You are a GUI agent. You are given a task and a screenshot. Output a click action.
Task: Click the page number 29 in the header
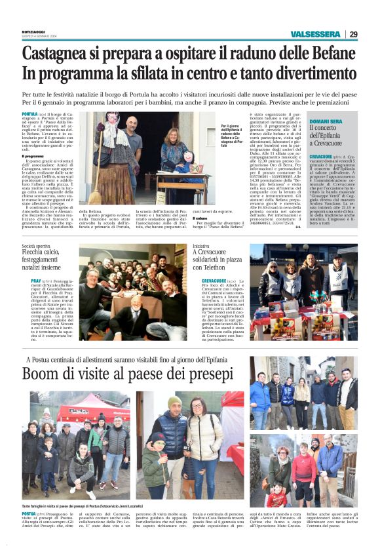(353, 34)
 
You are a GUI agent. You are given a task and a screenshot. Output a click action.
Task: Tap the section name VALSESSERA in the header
(315, 34)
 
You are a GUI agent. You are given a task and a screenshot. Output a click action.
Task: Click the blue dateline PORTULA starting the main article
(29, 113)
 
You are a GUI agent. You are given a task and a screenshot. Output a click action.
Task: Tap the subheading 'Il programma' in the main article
(33, 156)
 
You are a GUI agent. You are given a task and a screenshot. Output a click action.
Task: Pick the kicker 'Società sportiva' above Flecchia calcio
(35, 246)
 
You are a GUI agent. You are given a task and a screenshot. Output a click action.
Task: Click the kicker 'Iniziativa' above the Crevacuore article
(201, 246)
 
